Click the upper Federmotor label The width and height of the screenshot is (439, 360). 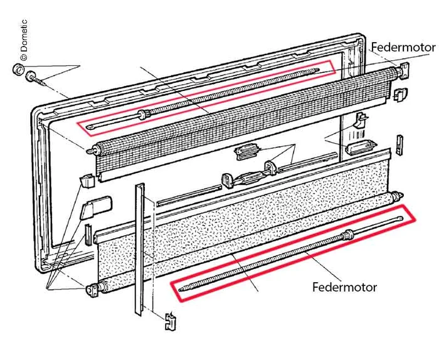[403, 47]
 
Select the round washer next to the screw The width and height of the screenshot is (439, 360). [19, 68]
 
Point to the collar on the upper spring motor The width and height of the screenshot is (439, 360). [145, 114]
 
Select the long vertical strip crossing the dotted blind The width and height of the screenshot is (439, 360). [139, 251]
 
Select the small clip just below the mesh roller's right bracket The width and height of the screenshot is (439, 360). [399, 93]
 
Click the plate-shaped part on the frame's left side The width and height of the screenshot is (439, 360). [98, 208]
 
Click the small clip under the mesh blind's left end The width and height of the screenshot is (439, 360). [88, 181]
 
